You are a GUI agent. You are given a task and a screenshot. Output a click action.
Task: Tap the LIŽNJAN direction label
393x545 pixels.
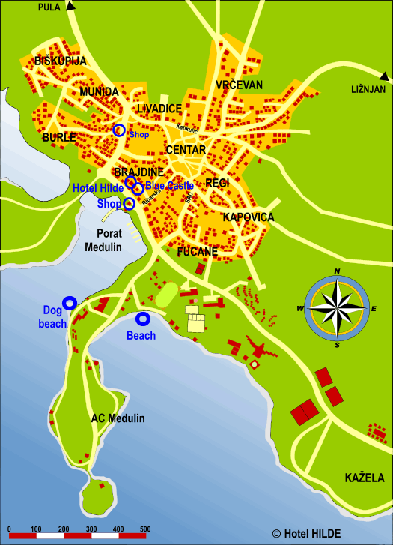368,89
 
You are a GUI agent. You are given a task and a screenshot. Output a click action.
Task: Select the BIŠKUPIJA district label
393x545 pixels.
61,61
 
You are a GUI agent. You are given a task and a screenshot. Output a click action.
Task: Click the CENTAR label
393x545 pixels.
185,150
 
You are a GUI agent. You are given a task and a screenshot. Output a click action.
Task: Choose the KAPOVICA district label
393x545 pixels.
249,217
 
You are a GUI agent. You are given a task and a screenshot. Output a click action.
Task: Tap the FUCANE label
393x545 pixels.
198,252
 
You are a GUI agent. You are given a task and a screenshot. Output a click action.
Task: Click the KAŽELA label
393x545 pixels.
365,478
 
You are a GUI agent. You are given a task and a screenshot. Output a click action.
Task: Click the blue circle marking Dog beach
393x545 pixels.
70,303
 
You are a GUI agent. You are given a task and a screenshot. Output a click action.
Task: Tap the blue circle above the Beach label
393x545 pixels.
142,319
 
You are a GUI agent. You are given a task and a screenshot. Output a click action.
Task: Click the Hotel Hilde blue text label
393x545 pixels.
97,187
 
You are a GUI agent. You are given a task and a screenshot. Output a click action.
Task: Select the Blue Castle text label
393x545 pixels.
170,185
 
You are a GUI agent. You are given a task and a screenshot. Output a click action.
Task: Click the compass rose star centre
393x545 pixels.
338,308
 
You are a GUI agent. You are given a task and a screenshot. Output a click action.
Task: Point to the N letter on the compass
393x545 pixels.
338,271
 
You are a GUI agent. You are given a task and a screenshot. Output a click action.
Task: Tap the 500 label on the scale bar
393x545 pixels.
142,530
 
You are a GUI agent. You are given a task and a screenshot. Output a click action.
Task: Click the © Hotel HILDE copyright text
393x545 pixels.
306,533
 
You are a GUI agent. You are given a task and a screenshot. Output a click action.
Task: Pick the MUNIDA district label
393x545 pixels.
100,91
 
